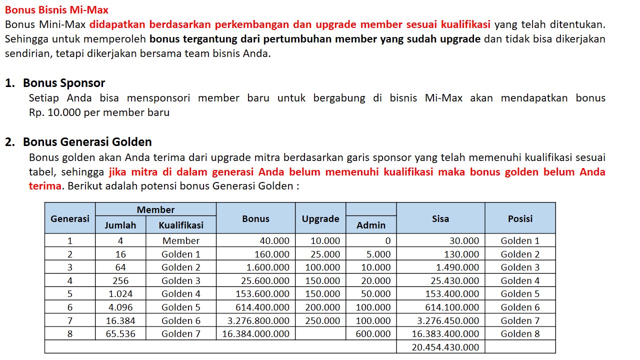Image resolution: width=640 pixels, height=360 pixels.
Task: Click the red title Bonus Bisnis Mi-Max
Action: click(x=56, y=10)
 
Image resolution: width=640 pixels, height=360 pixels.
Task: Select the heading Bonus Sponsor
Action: click(x=64, y=83)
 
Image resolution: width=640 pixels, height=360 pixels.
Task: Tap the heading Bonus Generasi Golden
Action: click(x=87, y=142)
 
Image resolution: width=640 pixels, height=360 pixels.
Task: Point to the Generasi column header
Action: click(x=70, y=218)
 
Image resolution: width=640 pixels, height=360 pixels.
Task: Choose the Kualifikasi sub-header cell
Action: click(x=181, y=225)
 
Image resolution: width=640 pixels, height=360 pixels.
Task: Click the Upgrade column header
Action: click(x=320, y=218)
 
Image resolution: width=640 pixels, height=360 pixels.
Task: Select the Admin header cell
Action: click(x=371, y=225)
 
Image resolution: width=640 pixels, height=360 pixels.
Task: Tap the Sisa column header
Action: click(x=440, y=218)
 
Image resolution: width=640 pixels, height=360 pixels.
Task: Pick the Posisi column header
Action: click(x=520, y=218)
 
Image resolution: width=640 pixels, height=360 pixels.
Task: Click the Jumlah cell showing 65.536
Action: click(x=120, y=333)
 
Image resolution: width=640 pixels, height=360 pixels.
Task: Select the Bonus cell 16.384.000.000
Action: click(x=256, y=333)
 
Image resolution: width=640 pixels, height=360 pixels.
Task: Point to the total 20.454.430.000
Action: click(x=445, y=347)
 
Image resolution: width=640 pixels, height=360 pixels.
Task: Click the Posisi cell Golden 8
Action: click(x=520, y=333)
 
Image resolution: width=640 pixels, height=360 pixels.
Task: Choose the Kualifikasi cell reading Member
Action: click(x=181, y=240)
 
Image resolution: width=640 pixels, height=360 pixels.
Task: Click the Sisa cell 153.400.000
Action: click(x=452, y=293)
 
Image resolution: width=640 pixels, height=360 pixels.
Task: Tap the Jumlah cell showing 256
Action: click(x=120, y=280)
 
